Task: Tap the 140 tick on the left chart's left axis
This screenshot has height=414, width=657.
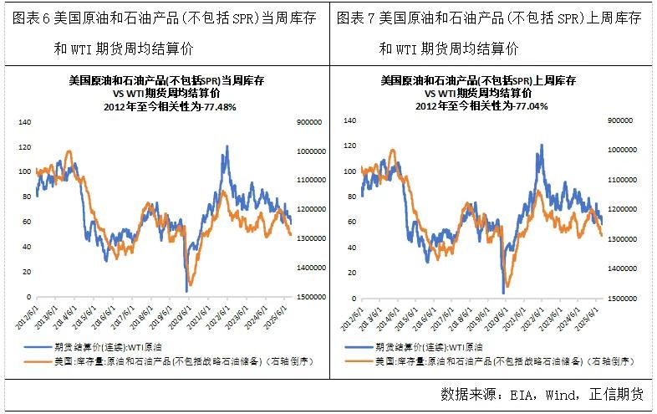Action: (x=24, y=122)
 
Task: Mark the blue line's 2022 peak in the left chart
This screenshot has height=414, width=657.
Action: (x=226, y=147)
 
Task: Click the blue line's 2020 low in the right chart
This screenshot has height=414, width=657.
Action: (x=503, y=293)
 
